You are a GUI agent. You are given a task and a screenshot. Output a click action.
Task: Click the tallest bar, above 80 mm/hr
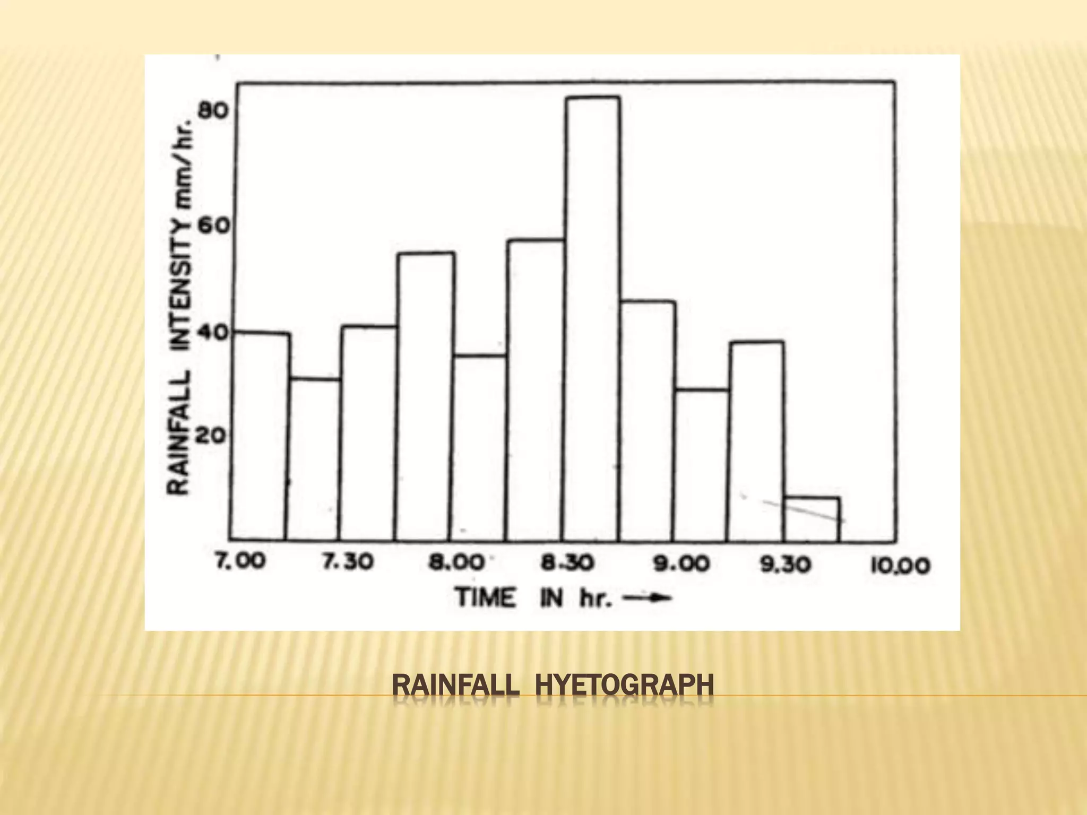pyautogui.click(x=592, y=318)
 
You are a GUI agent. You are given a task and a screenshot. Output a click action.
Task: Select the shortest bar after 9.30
pyautogui.click(x=812, y=519)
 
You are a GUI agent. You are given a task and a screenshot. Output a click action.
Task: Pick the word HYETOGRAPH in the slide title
pyautogui.click(x=624, y=685)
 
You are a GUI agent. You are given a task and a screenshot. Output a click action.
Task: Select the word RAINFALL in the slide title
pyautogui.click(x=455, y=685)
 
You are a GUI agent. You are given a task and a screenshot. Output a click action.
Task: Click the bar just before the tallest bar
pyautogui.click(x=535, y=390)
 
